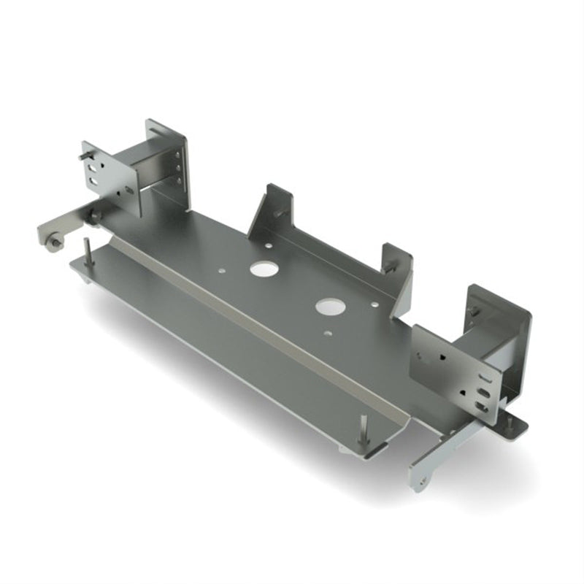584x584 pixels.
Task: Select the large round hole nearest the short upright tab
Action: tap(328, 306)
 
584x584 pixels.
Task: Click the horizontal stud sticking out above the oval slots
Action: tap(85, 155)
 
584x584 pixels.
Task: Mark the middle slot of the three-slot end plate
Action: tap(482, 390)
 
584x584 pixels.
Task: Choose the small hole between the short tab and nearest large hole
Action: tap(374, 304)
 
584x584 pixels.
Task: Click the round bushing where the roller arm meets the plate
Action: tap(94, 216)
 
